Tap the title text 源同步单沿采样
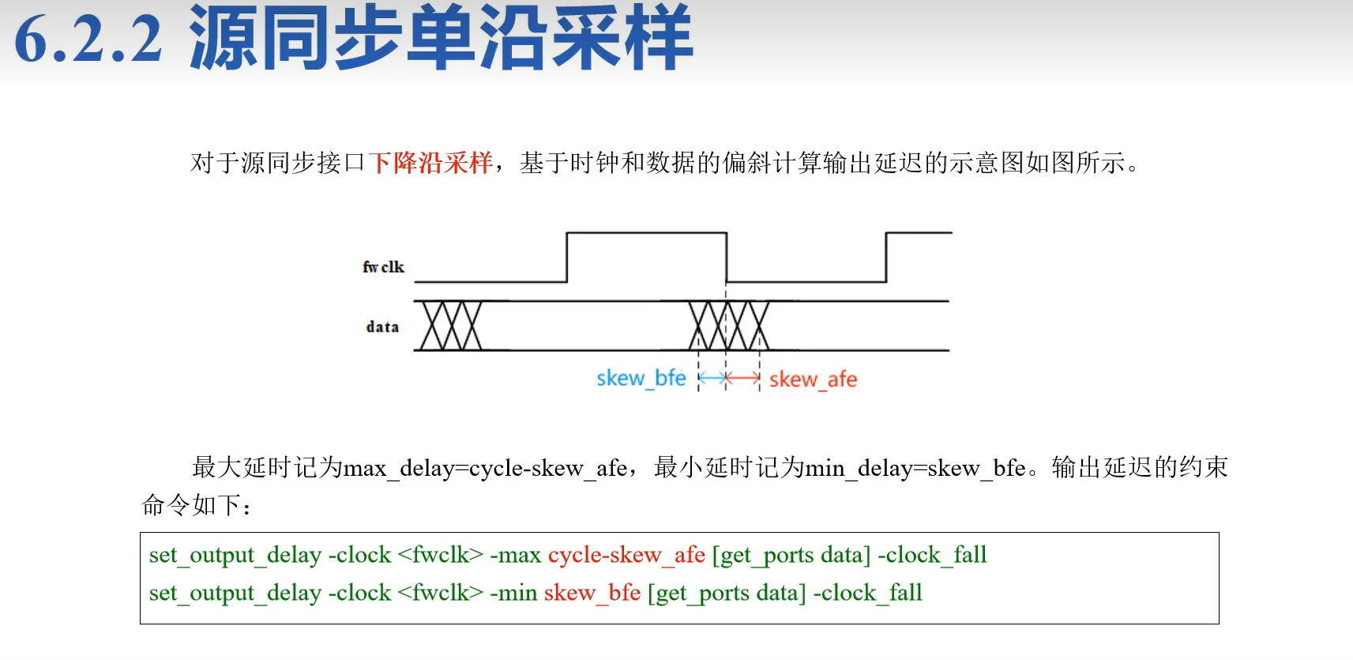(x=440, y=38)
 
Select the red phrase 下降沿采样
(x=430, y=162)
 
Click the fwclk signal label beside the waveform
(x=383, y=267)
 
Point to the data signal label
(x=382, y=326)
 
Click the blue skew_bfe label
(x=641, y=378)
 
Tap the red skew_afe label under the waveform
(x=813, y=379)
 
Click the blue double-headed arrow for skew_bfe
(x=712, y=379)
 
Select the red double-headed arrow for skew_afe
(x=742, y=379)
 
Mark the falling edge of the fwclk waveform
(x=727, y=257)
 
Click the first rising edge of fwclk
(x=567, y=257)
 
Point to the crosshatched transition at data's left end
(x=450, y=326)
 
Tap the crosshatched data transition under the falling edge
(x=728, y=326)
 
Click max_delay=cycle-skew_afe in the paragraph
(x=485, y=468)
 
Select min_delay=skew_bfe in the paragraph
(x=915, y=468)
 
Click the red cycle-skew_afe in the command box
(x=626, y=555)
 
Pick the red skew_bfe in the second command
(x=592, y=593)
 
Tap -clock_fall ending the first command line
(x=932, y=555)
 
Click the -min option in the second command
(x=513, y=593)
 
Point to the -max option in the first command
(x=515, y=555)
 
